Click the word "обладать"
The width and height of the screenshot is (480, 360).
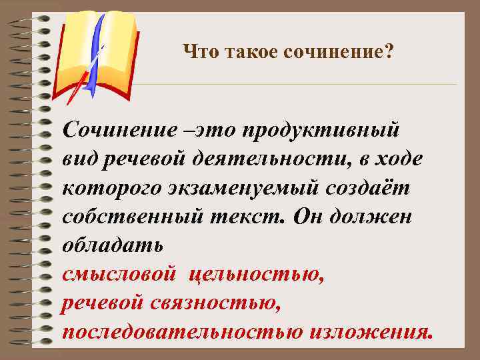111,245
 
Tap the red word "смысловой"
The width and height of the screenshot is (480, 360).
120,274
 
